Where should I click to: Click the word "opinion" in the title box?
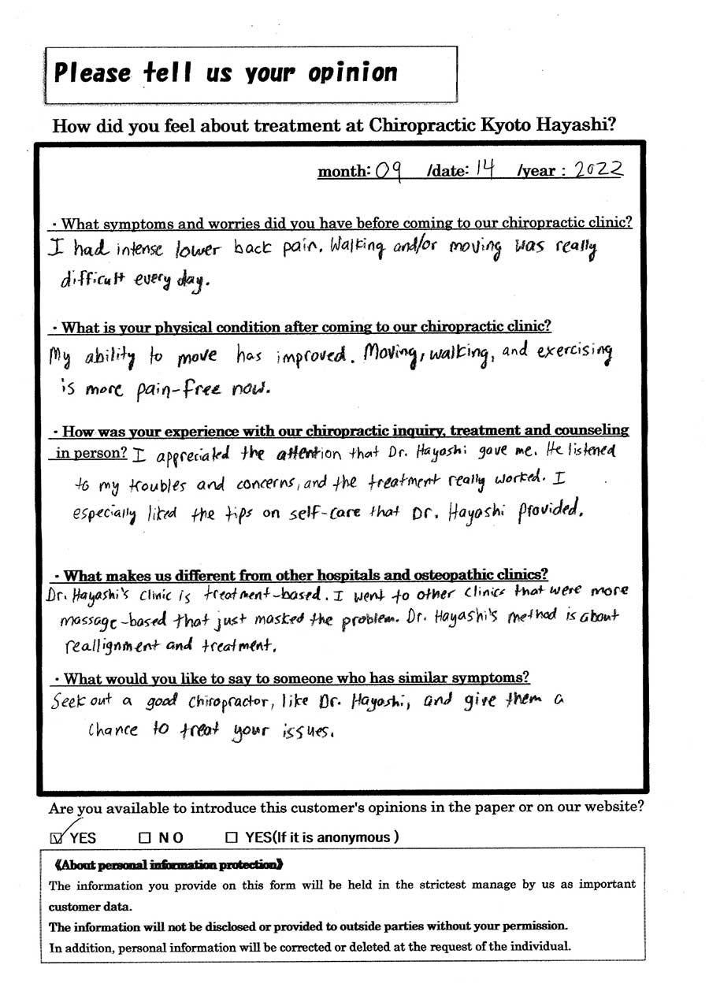pos(352,73)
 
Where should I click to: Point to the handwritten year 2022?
pos(598,169)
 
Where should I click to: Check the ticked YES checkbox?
pos(55,837)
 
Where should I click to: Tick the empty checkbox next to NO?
pos(144,837)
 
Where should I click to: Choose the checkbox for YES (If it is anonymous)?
pos(231,837)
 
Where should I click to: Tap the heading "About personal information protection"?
pos(167,864)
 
